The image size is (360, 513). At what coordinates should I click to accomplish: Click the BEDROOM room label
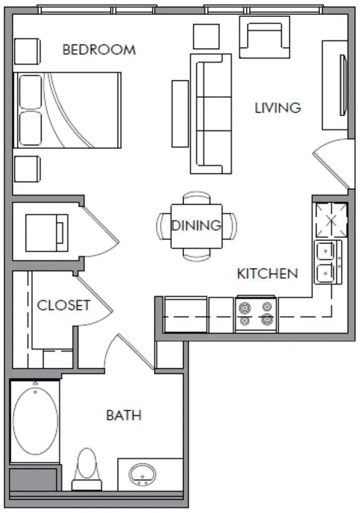tap(99, 49)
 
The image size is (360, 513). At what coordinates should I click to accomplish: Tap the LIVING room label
tap(278, 108)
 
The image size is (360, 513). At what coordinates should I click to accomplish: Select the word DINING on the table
tap(196, 226)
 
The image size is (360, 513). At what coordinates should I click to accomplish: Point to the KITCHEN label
tap(267, 273)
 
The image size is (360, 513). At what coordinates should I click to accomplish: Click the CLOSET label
tap(63, 305)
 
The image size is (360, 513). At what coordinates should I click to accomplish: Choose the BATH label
tap(124, 415)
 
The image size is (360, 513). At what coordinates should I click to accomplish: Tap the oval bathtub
tap(35, 421)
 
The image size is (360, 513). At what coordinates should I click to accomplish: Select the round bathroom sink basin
tap(142, 474)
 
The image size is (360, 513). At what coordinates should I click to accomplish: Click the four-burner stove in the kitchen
tap(256, 314)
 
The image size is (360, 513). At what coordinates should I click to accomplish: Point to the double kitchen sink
tap(328, 262)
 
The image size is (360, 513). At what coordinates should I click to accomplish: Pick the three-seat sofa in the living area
tap(211, 114)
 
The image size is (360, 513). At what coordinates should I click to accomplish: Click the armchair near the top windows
tap(264, 37)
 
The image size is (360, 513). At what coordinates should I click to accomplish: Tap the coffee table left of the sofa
tap(180, 114)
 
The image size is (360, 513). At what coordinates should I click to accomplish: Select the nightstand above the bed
tap(28, 51)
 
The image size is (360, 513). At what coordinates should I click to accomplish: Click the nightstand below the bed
tap(28, 169)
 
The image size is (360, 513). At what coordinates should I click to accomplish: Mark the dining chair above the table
tap(196, 198)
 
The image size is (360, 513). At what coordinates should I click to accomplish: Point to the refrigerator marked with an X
tap(331, 220)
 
